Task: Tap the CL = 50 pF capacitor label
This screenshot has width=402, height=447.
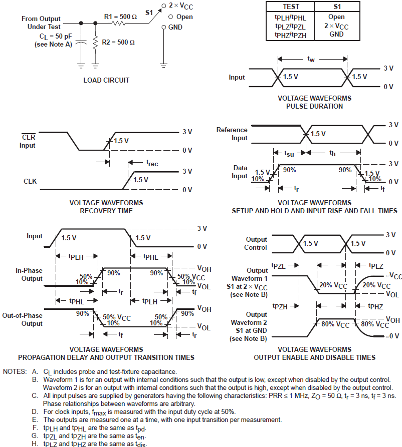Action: [55, 37]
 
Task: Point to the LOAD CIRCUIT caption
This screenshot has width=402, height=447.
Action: [106, 80]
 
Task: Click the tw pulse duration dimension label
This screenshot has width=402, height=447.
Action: [311, 59]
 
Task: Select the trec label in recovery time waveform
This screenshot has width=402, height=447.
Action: [152, 163]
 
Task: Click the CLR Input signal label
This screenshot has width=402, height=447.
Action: [28, 141]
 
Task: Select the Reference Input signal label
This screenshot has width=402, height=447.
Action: [232, 134]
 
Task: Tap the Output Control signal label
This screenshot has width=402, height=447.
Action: [256, 243]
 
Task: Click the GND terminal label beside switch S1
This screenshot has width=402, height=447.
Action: [175, 27]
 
